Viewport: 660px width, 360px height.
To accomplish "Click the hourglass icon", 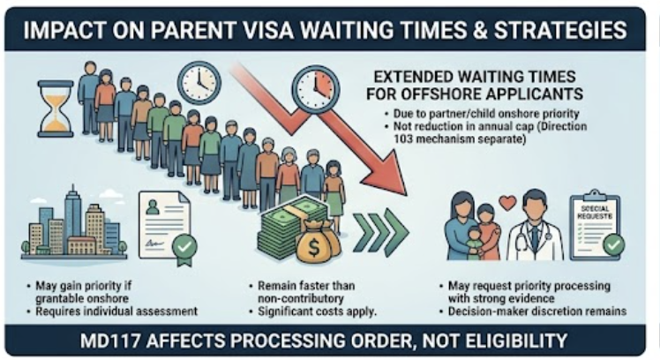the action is coord(56,109).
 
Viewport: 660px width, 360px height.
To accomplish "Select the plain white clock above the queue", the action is coord(199,83).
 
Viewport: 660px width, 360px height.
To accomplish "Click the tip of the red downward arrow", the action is coord(407,195).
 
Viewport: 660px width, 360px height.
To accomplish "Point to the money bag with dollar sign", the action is coord(313,246).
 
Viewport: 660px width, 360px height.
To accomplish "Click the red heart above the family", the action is coord(507,203).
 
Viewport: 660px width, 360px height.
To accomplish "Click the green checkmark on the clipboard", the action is coord(613,244).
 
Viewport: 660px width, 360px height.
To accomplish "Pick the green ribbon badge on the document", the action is coord(184,249).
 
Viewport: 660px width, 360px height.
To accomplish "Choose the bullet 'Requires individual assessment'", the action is coord(112,311).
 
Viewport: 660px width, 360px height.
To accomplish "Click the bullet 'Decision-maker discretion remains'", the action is coord(533,311).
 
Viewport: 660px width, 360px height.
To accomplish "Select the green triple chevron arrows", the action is coord(380,230).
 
